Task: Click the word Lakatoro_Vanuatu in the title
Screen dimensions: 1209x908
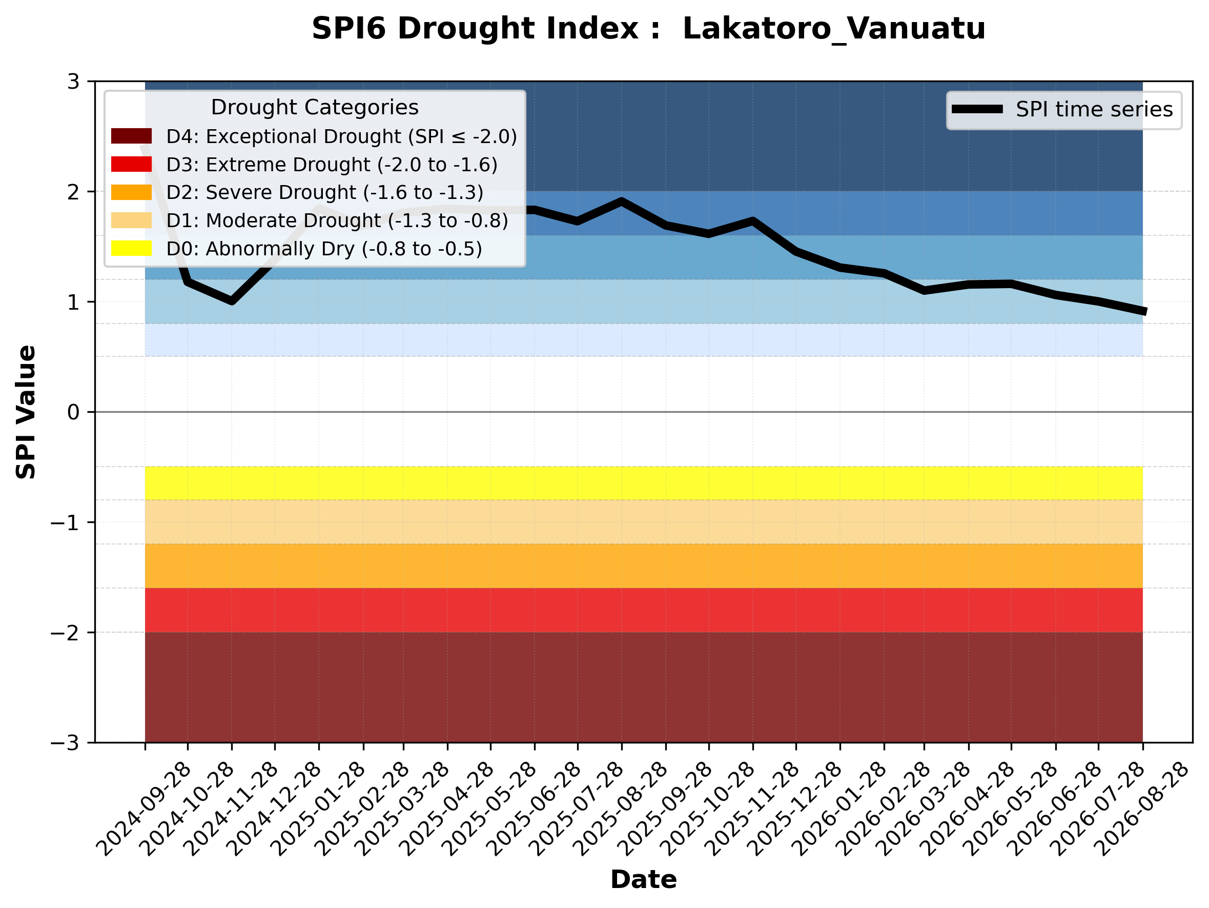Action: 834,30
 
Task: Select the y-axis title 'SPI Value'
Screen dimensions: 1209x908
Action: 26,412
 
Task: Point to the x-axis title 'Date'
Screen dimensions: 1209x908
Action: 643,880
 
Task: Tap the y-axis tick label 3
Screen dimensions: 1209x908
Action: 73,82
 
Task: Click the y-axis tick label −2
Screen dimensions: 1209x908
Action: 65,633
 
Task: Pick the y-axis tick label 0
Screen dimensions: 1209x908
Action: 73,412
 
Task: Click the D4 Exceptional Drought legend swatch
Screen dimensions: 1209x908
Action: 131,136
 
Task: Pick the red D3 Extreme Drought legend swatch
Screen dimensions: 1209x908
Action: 131,164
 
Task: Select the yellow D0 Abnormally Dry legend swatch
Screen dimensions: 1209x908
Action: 131,248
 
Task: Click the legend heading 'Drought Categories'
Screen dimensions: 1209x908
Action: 315,108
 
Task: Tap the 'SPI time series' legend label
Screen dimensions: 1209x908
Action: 1094,110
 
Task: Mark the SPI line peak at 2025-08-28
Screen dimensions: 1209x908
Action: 622,201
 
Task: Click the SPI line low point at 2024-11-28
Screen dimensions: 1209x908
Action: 232,301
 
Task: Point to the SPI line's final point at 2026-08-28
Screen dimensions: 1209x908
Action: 1143,312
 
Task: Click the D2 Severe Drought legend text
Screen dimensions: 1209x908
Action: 324,192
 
